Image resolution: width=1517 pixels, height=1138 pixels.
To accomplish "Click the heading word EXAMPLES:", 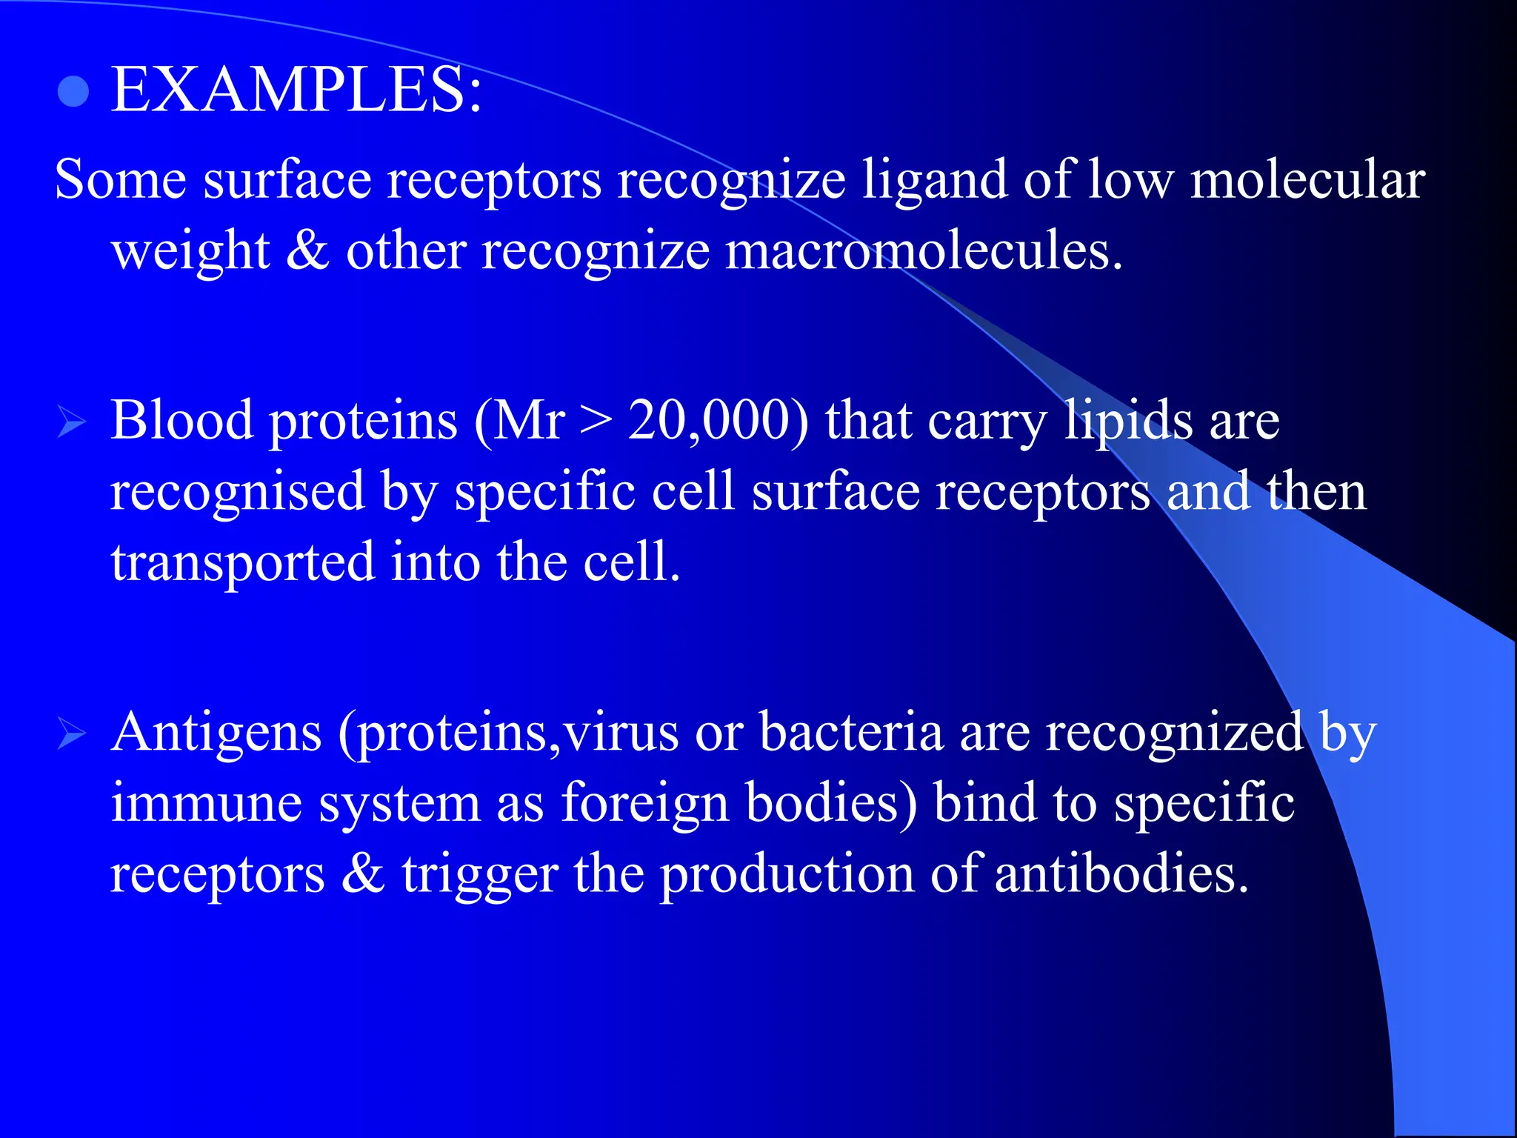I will coord(296,90).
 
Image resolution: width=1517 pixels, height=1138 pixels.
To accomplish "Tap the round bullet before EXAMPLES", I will coord(73,93).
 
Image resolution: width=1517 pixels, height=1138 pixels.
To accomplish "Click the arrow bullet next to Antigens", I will coord(72,735).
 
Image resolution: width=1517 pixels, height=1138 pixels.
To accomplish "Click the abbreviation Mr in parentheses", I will coord(529,421).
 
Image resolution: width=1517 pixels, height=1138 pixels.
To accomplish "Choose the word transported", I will coord(243,563).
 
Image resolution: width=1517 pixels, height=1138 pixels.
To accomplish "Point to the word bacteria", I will coord(852,732).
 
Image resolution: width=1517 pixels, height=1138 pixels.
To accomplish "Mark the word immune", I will coord(207,803).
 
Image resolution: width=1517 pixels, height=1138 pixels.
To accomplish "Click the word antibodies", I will coord(1121,874).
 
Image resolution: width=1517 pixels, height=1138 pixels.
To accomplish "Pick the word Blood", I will coord(182,421).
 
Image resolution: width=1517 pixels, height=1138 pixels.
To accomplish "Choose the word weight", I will coord(190,252).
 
